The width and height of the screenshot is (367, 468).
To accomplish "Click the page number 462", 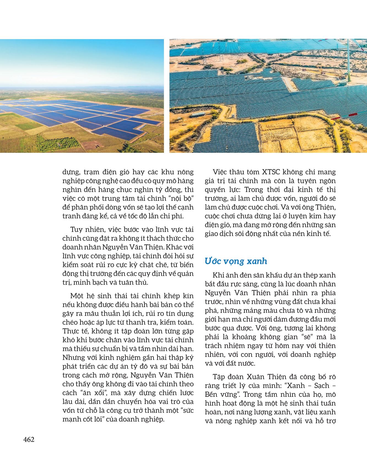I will pos(29,440).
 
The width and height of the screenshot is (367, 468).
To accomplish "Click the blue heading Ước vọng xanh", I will pos(236,261).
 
